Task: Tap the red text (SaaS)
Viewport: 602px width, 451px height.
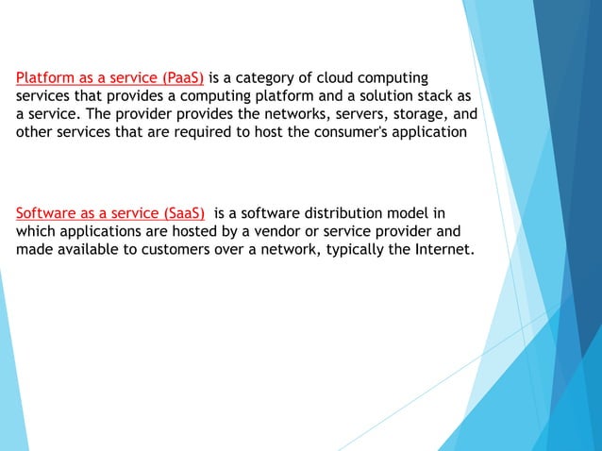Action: coord(183,211)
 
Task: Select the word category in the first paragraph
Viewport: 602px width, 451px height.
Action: coord(279,76)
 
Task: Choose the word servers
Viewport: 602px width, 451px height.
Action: coord(348,114)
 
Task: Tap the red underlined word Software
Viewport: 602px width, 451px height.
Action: coord(47,211)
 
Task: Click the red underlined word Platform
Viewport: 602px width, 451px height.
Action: coord(46,76)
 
